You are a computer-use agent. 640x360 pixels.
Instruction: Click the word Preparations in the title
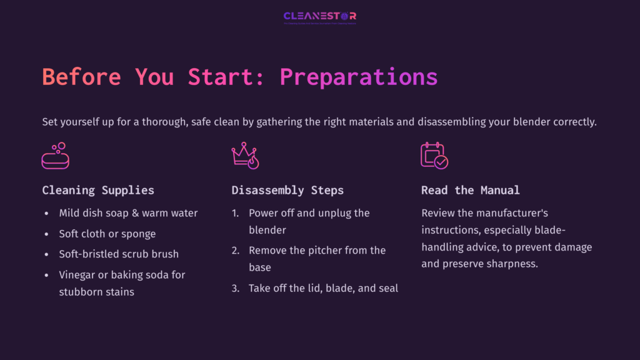point(358,77)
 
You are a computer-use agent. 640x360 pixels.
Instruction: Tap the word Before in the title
point(81,77)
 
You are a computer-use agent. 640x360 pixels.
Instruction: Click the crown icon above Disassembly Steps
point(245,156)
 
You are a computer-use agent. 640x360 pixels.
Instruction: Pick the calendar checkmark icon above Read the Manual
point(434,156)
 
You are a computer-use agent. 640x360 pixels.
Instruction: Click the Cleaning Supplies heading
point(98,190)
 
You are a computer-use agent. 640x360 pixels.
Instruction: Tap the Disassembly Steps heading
point(287,190)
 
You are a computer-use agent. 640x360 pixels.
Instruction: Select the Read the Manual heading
point(470,190)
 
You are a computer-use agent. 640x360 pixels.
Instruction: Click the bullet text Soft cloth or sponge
point(107,234)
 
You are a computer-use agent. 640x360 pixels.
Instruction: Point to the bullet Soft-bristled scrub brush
point(119,254)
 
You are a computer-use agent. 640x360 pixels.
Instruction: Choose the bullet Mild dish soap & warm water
point(128,213)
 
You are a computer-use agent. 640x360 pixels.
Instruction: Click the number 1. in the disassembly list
point(236,213)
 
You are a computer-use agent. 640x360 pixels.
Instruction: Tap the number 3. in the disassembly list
point(236,288)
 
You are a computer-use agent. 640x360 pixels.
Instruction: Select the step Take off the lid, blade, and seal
point(323,288)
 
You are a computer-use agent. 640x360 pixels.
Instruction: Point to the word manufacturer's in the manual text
point(505,213)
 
